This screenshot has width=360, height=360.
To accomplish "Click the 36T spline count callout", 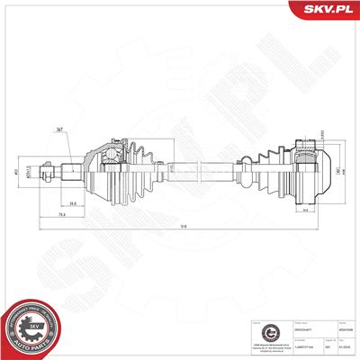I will point(84,132).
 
